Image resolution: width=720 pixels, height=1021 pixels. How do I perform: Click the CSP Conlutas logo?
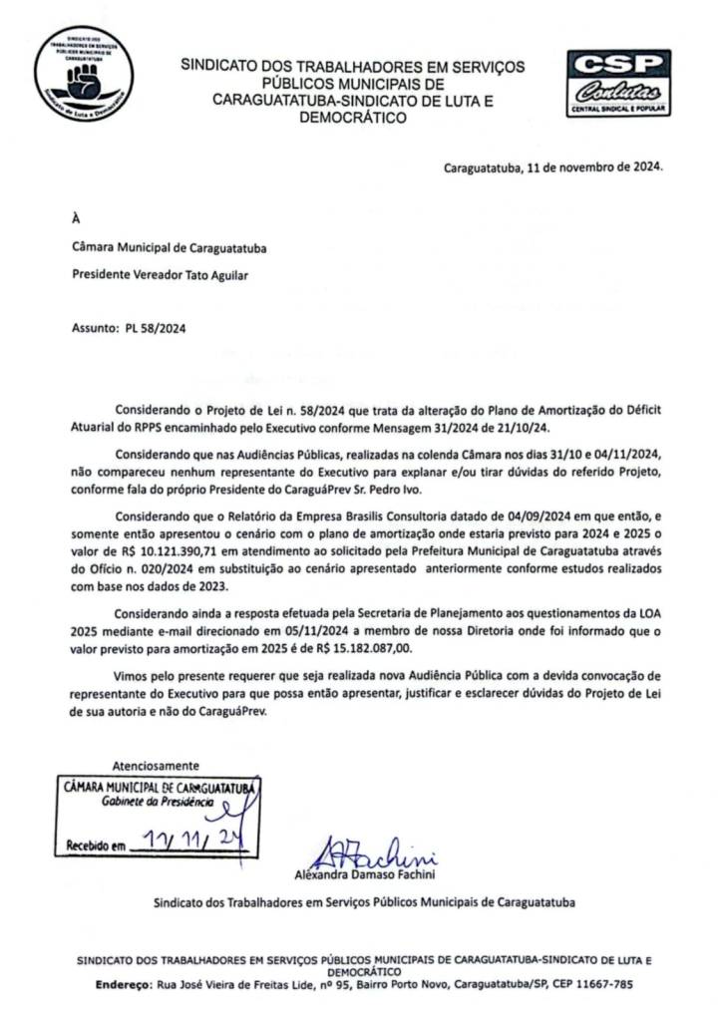[x=618, y=83]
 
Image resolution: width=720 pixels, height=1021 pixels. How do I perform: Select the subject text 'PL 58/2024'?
[x=159, y=327]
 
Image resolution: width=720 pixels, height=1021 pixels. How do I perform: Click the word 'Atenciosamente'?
[x=155, y=766]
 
